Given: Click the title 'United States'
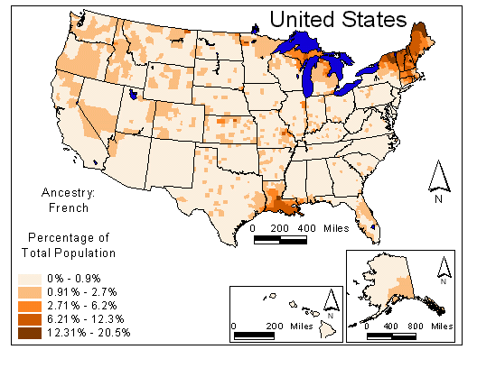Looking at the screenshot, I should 337,19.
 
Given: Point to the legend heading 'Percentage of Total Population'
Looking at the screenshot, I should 65,245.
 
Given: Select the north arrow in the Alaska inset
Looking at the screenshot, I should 443,269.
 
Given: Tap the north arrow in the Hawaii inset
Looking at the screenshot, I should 331,303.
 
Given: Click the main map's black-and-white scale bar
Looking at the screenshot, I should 281,240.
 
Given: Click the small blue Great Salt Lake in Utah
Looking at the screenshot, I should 134,93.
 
